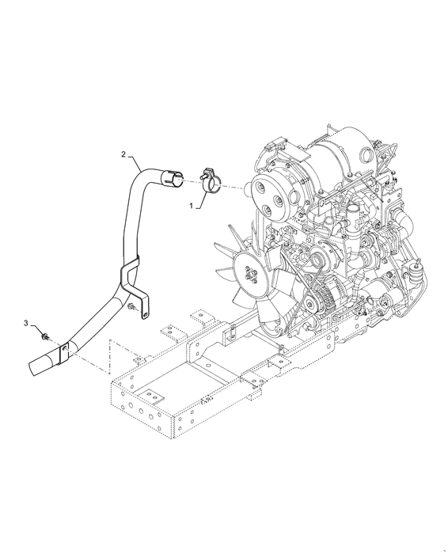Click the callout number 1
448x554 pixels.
tap(192, 206)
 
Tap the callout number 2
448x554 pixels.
tap(123, 154)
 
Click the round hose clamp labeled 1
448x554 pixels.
tap(211, 181)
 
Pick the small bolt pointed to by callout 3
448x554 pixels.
tap(44, 337)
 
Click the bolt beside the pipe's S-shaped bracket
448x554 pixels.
tap(131, 307)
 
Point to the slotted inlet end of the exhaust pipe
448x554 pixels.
tap(172, 177)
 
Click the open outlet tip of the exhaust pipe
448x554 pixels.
tap(34, 367)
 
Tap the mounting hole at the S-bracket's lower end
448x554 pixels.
tap(145, 313)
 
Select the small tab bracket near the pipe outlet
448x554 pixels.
tap(63, 352)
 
